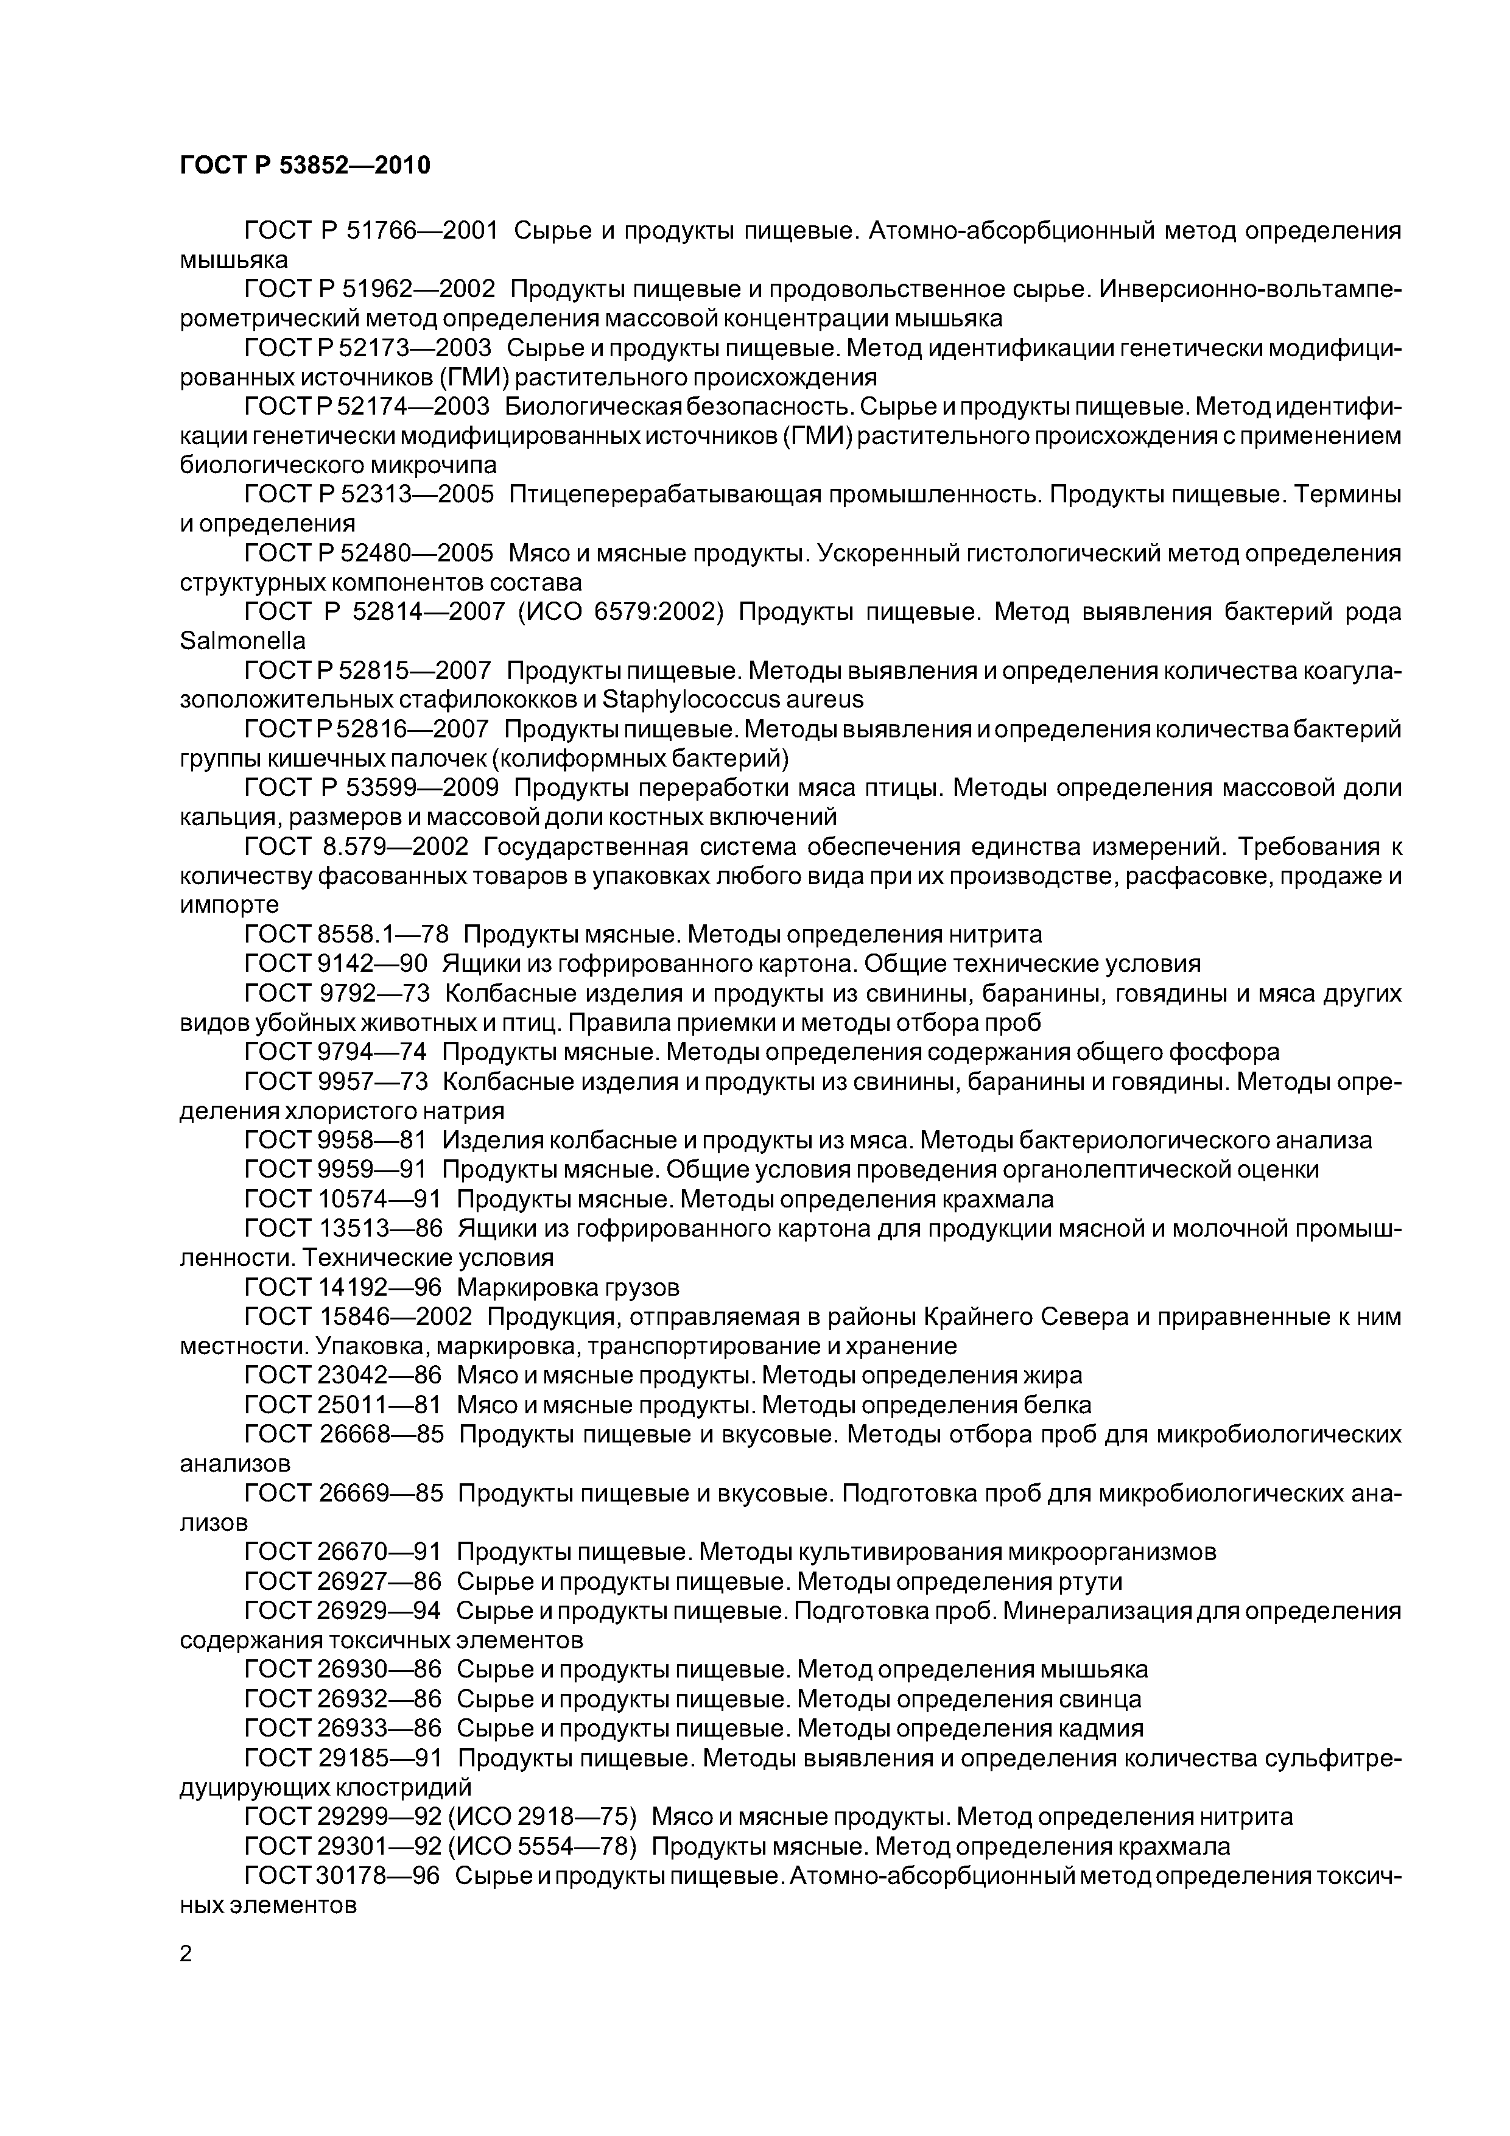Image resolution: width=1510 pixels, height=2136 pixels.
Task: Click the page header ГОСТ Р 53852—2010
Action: click(x=304, y=166)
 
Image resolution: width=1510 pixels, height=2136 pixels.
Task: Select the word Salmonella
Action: click(x=242, y=641)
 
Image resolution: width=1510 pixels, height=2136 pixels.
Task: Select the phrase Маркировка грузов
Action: click(x=569, y=1288)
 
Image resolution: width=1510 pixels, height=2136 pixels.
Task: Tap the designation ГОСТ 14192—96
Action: click(x=342, y=1288)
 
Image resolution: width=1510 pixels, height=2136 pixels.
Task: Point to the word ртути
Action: click(x=1090, y=1581)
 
